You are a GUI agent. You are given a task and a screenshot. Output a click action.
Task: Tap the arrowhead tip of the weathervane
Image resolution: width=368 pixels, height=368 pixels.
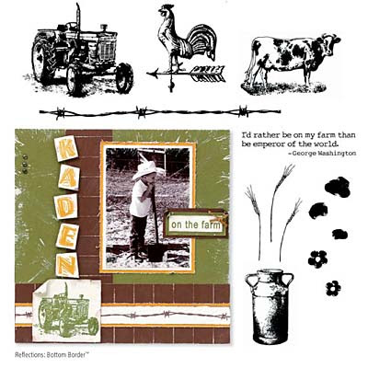click(x=147, y=74)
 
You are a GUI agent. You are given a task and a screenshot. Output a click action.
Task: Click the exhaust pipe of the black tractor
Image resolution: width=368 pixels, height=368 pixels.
click(x=78, y=17)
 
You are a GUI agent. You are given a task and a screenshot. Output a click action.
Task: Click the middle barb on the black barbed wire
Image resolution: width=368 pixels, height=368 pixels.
click(x=142, y=112)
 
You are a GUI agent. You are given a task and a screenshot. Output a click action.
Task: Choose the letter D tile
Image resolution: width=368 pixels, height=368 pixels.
click(x=65, y=206)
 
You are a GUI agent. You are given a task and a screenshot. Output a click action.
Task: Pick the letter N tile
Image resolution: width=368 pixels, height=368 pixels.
click(x=67, y=265)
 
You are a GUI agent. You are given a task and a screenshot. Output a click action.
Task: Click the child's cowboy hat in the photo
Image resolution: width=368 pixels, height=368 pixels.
click(x=147, y=169)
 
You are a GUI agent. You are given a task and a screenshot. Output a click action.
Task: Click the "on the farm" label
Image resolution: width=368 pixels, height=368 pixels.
click(x=196, y=224)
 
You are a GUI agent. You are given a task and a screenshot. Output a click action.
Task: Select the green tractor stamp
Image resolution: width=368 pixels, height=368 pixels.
click(x=68, y=310)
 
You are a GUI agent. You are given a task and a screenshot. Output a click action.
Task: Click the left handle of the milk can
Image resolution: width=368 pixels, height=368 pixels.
click(x=251, y=281)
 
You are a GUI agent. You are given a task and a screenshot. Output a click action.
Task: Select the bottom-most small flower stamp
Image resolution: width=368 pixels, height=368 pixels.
click(x=333, y=288)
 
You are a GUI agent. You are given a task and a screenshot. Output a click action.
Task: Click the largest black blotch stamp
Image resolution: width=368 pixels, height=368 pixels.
click(x=338, y=187)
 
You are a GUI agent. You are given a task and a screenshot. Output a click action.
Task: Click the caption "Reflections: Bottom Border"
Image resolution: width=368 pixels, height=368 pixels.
click(x=52, y=355)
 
